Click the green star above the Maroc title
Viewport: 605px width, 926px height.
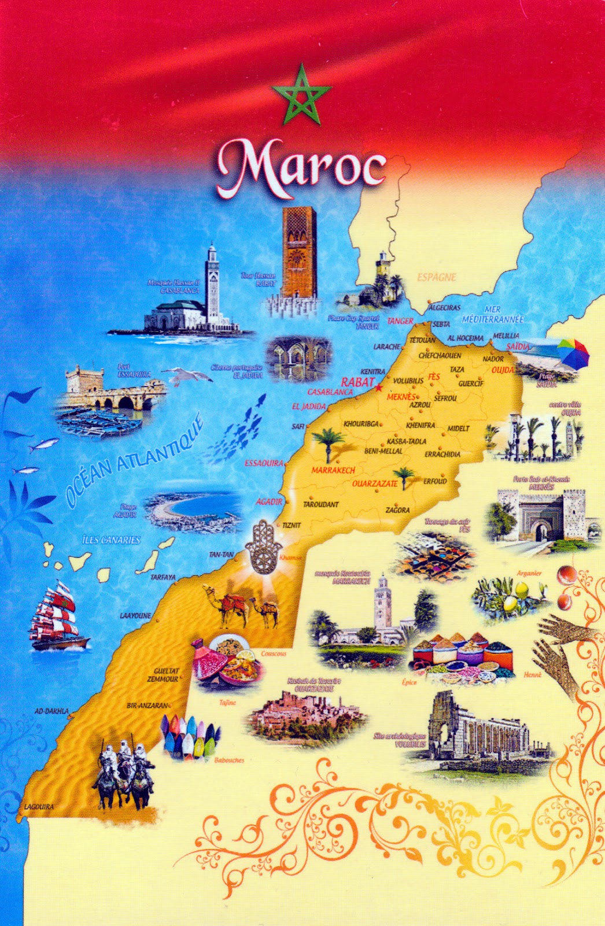pyautogui.click(x=301, y=95)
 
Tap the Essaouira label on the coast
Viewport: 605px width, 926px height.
pyautogui.click(x=264, y=463)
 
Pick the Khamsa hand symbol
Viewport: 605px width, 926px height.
pyautogui.click(x=264, y=547)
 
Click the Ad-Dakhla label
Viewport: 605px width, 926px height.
pyautogui.click(x=51, y=711)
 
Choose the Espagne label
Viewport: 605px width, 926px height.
pyautogui.click(x=436, y=277)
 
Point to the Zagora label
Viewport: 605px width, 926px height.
pyautogui.click(x=397, y=510)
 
